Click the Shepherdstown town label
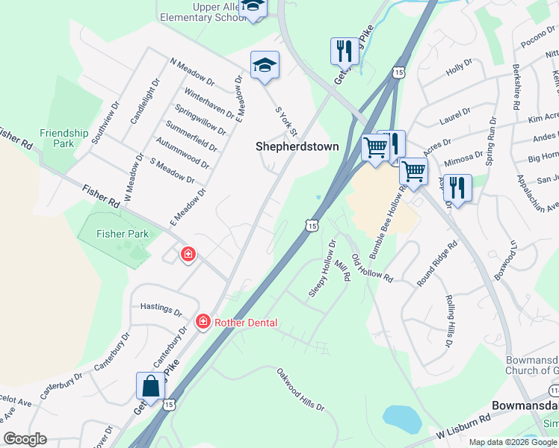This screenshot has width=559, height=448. click(x=297, y=146)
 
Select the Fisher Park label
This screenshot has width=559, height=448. click(x=123, y=234)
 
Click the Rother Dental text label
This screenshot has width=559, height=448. click(x=246, y=323)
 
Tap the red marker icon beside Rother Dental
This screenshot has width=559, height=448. click(x=203, y=322)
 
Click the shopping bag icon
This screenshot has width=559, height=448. click(x=150, y=387)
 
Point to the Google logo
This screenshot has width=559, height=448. click(x=25, y=439)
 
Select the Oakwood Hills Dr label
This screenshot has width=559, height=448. click(x=300, y=389)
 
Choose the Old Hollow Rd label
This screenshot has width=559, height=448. click(x=371, y=267)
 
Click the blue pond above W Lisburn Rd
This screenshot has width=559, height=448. click(x=401, y=418)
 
